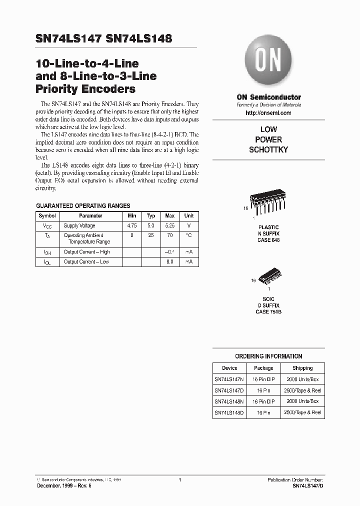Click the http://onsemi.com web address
[x=268, y=113]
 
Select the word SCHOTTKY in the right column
[x=268, y=150]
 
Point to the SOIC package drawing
[x=268, y=279]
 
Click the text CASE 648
[x=268, y=240]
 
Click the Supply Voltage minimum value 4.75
[x=132, y=226]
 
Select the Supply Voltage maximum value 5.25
[x=170, y=226]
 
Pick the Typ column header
[x=151, y=216]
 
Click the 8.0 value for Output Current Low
[x=170, y=262]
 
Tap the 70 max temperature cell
[x=170, y=234]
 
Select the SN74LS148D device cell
[x=229, y=412]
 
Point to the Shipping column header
[x=302, y=368]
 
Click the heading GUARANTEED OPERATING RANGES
[x=83, y=205]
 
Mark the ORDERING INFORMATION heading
[x=268, y=356]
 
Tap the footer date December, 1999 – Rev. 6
[x=63, y=486]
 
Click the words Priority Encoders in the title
[x=85, y=89]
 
